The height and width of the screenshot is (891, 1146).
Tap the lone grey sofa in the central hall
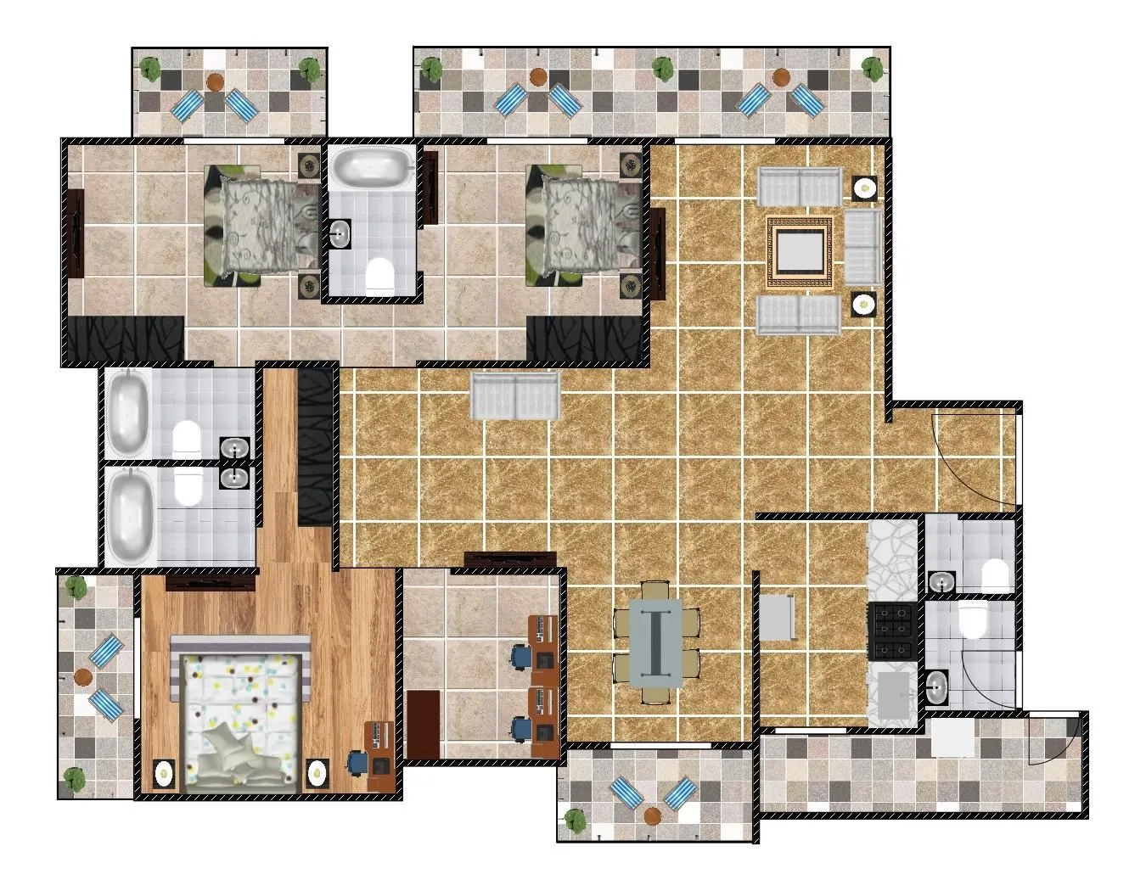[x=515, y=397]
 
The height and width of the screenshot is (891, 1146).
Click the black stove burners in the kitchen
[x=890, y=632]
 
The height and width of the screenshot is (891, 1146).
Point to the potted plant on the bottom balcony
[x=576, y=820]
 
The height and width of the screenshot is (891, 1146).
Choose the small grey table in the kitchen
[x=777, y=619]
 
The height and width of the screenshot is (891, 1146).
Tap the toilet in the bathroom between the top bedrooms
[x=379, y=276]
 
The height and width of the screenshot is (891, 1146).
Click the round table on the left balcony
[x=83, y=676]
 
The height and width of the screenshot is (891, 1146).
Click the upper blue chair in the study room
[x=519, y=656]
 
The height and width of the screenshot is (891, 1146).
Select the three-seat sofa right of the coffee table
[x=862, y=248]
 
